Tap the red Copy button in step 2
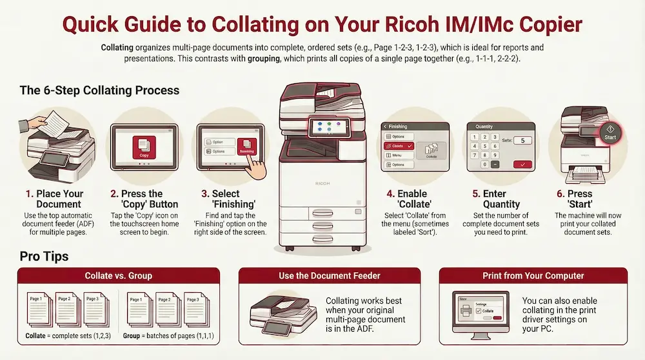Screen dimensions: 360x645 pyautogui.click(x=144, y=146)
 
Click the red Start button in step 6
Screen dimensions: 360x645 pyautogui.click(x=610, y=132)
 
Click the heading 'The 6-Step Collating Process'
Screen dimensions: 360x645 pyautogui.click(x=99, y=90)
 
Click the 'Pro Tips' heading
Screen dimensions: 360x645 pyautogui.click(x=44, y=257)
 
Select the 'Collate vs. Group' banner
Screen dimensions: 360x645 pyautogui.click(x=119, y=275)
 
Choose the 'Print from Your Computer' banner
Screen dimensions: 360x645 pyautogui.click(x=533, y=275)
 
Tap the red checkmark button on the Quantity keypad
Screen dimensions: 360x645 pyautogui.click(x=521, y=165)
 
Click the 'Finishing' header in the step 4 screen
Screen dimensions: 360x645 pyautogui.click(x=398, y=127)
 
